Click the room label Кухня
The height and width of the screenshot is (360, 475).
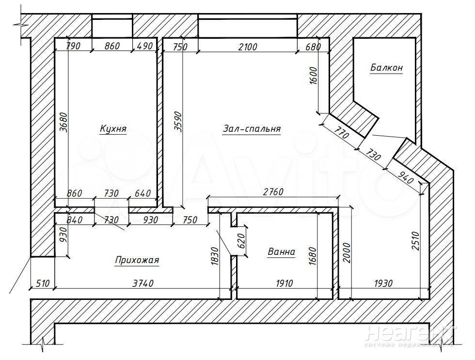coord(113,129)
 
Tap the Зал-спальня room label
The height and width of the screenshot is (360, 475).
coord(252,129)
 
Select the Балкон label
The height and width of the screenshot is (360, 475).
coord(387,67)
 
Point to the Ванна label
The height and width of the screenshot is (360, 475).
coord(282,251)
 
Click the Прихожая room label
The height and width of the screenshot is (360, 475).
coord(137,260)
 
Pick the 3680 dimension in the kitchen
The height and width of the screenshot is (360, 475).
coord(63,122)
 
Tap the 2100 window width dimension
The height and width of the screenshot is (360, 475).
coord(247,47)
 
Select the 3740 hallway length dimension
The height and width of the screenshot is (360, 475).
coord(143,283)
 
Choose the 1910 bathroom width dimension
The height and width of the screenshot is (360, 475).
coord(285,283)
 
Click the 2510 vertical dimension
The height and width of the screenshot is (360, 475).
coord(415,241)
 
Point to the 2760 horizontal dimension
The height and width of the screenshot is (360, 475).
coord(273,192)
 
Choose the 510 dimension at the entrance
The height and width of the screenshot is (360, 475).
coord(43,283)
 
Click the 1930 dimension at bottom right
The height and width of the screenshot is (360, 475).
coord(383,283)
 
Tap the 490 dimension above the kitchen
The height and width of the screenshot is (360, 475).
coord(145,46)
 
